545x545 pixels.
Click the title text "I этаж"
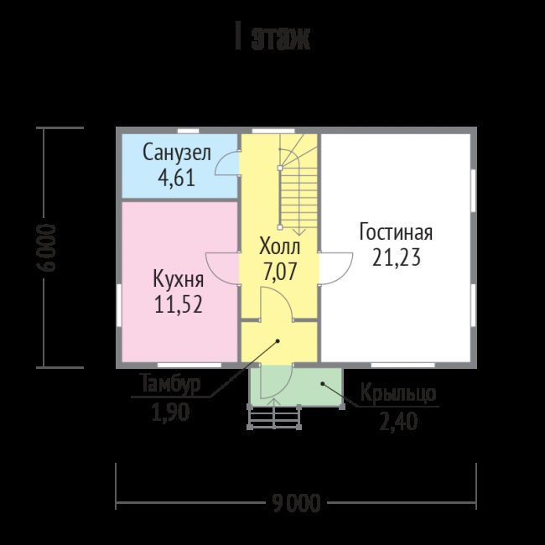[272, 37]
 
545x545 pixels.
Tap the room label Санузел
[177, 153]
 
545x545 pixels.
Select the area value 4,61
[177, 179]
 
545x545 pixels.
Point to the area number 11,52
[179, 304]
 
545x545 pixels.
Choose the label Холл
[280, 247]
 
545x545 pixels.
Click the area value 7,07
[280, 272]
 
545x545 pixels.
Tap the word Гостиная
[396, 231]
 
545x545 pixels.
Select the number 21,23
[397, 257]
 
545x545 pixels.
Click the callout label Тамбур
[171, 384]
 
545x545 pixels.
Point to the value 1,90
[171, 413]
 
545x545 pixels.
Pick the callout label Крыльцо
[398, 393]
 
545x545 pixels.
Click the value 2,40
[398, 422]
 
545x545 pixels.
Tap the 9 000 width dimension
[296, 503]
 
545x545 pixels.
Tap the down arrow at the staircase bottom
[299, 231]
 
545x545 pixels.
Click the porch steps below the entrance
[274, 417]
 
